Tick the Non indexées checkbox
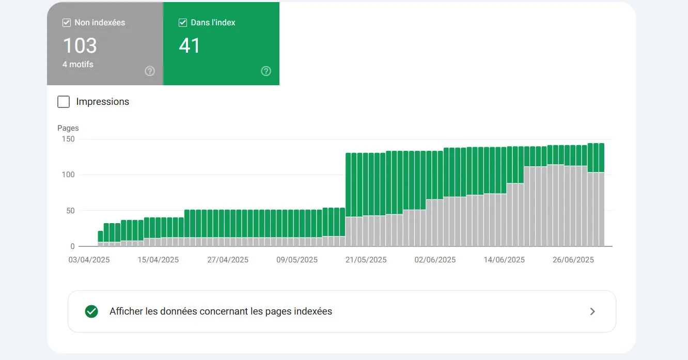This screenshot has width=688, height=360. [x=66, y=23]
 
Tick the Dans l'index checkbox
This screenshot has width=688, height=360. [x=183, y=23]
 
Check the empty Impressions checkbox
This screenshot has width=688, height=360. [x=64, y=102]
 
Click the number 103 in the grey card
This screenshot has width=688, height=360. [x=80, y=45]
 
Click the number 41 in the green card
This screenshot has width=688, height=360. [x=190, y=45]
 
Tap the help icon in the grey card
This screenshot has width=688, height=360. [x=150, y=71]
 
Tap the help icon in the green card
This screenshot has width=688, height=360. [x=266, y=71]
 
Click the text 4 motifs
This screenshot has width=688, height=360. [x=78, y=64]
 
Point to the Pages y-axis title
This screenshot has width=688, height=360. [x=68, y=128]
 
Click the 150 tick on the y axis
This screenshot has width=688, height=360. [x=68, y=139]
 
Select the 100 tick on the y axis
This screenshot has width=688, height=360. [x=68, y=175]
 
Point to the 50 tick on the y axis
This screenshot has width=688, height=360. [x=70, y=211]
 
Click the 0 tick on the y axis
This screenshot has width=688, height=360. [x=72, y=246]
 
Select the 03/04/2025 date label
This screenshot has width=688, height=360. [x=89, y=260]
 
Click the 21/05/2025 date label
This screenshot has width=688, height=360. [x=366, y=260]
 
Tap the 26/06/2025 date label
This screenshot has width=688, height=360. [x=573, y=260]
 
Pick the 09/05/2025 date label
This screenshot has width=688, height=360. [x=297, y=260]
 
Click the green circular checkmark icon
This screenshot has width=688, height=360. [x=91, y=311]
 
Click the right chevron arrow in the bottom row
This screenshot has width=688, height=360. [x=592, y=311]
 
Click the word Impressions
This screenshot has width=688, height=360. [x=103, y=102]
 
